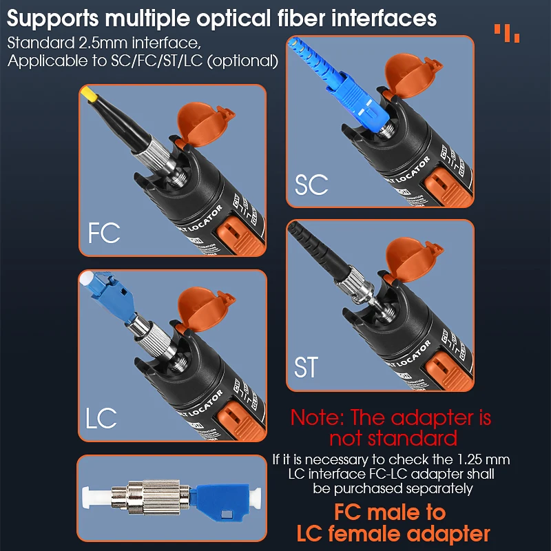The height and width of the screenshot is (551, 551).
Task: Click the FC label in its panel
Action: click(104, 232)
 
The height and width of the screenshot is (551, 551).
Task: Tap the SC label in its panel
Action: click(311, 185)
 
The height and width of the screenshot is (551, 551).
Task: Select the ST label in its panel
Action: click(306, 366)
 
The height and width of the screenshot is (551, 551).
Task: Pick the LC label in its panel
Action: click(102, 417)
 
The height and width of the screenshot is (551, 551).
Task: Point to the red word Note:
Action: click(317, 417)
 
